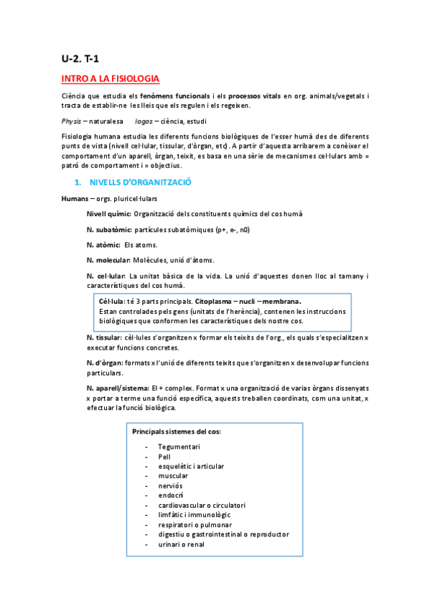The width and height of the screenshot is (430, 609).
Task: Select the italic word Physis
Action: click(72, 121)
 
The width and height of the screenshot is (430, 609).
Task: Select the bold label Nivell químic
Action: click(108, 214)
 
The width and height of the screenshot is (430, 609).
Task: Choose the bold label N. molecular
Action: click(109, 260)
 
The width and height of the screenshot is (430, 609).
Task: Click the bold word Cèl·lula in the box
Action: click(112, 302)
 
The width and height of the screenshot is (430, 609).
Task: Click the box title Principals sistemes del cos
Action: click(177, 432)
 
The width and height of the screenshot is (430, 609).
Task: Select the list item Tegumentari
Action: click(179, 447)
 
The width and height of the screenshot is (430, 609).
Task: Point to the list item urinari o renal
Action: click(181, 544)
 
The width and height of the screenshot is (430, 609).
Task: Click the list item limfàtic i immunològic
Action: click(195, 515)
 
